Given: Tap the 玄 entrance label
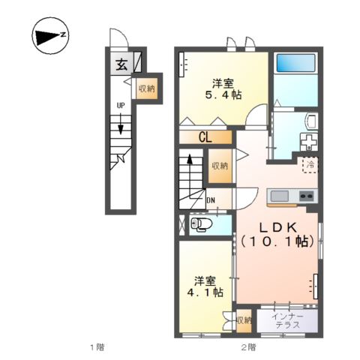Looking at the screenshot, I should tap(121, 64).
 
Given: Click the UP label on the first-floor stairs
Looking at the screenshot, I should tap(120, 106).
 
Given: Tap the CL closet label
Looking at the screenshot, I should tap(204, 137).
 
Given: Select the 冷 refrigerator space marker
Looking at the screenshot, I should tap(310, 163).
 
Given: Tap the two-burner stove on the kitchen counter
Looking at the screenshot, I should tap(307, 196).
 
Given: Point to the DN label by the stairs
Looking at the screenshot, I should tap(211, 200).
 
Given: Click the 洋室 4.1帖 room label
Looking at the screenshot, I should tap(205, 287).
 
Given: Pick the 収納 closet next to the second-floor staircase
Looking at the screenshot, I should tap(219, 166).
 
